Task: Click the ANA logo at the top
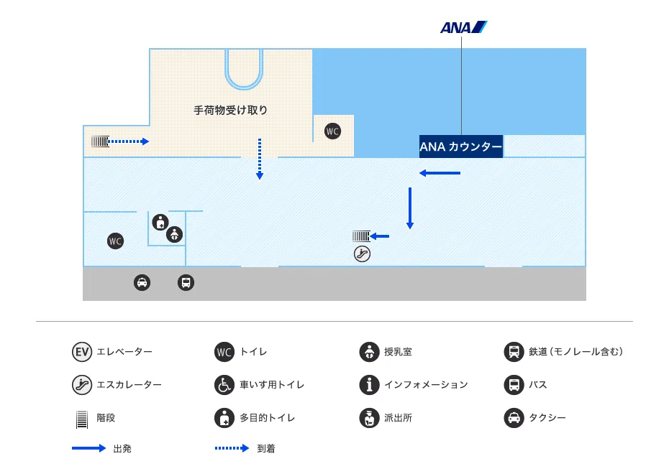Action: point(463,28)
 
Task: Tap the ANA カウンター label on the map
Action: point(460,147)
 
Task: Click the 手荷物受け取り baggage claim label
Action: point(230,111)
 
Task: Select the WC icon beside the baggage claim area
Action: point(332,131)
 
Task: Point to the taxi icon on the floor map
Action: point(142,282)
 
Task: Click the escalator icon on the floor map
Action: point(362,253)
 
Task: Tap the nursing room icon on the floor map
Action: point(174,234)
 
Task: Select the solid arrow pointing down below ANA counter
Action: point(410,208)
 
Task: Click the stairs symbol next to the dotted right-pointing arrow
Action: point(99,141)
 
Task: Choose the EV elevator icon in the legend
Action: point(82,352)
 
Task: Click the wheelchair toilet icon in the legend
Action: point(224,385)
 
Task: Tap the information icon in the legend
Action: point(369,385)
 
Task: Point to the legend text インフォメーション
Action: point(426,385)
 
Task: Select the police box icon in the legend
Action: point(369,417)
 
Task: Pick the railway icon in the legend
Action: point(514,352)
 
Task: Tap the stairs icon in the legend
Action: point(82,418)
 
